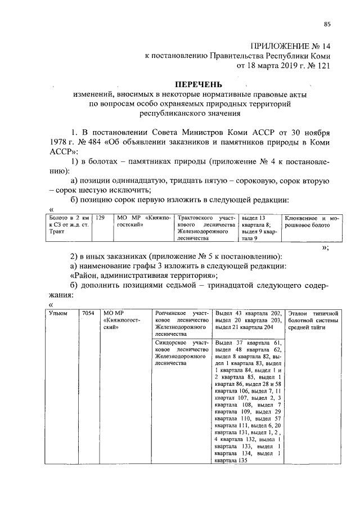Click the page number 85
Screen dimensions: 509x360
click(327, 24)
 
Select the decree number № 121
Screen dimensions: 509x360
click(318, 65)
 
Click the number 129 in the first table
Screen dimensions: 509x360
click(100, 217)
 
